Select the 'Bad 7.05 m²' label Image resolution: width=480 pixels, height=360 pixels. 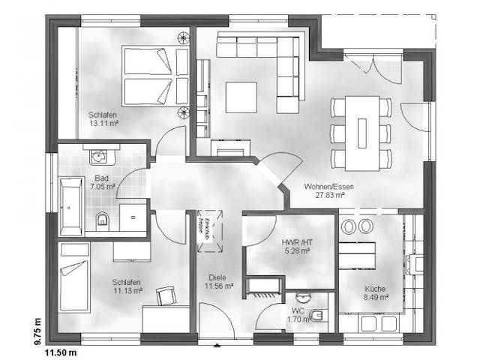point(102,182)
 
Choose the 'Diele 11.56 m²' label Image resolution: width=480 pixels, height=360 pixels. point(219,282)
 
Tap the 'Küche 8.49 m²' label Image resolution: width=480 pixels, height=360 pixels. point(375,292)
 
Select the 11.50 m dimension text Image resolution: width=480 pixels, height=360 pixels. point(61,351)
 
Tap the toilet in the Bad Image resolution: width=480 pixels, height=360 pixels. point(103,220)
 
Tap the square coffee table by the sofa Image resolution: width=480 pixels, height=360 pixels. point(241,97)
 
